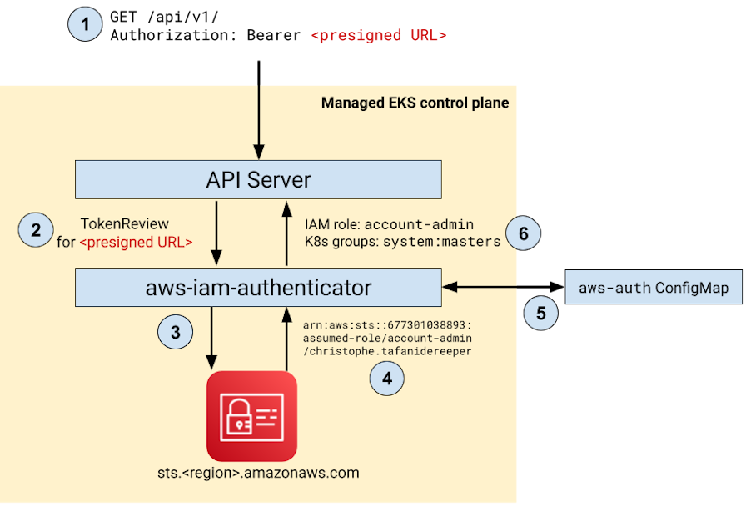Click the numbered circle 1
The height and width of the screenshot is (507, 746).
point(84,23)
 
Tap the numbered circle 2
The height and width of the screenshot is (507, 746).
point(36,229)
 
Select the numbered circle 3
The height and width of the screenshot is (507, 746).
point(175,332)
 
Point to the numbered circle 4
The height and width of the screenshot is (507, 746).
point(386,378)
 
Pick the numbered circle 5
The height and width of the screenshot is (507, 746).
point(541,313)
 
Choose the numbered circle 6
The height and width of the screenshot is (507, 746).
point(523,233)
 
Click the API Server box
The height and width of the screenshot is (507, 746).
point(258,179)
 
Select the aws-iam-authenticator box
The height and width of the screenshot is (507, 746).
point(258,288)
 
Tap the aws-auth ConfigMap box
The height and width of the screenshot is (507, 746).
point(654,288)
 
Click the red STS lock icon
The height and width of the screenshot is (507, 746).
point(251,415)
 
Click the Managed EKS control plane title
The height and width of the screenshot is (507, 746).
point(415,103)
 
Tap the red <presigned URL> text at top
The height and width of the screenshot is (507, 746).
point(379,36)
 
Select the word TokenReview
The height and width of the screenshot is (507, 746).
point(125,223)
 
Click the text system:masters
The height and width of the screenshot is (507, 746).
point(441,242)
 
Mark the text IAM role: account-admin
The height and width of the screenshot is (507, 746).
point(390,223)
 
